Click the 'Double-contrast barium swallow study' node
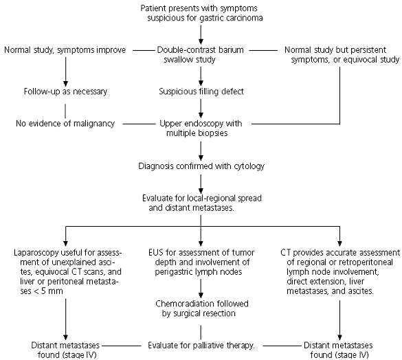200,54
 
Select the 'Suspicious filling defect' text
201,91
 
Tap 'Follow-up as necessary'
65,91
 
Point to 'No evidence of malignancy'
65,124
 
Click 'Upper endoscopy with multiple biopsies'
201,128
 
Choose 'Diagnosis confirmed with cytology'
201,166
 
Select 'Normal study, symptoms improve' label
65,50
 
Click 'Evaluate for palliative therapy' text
201,346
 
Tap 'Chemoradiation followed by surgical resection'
202,308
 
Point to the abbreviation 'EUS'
155,253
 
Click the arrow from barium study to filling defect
201,76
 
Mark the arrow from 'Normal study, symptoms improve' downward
66,72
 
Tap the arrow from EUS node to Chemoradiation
201,289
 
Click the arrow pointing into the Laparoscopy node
66,236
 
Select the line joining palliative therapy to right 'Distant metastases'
282,346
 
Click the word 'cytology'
249,166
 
